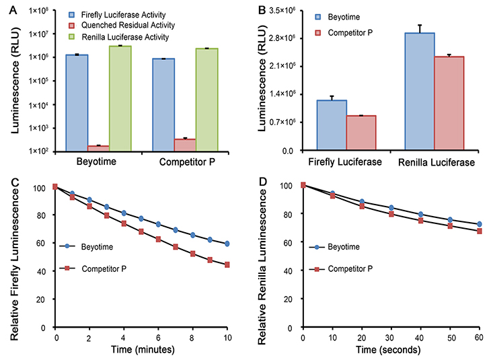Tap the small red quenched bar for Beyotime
[98, 147]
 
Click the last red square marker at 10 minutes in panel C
[228, 264]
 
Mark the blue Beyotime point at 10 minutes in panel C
[228, 244]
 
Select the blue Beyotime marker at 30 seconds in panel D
[391, 207]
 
